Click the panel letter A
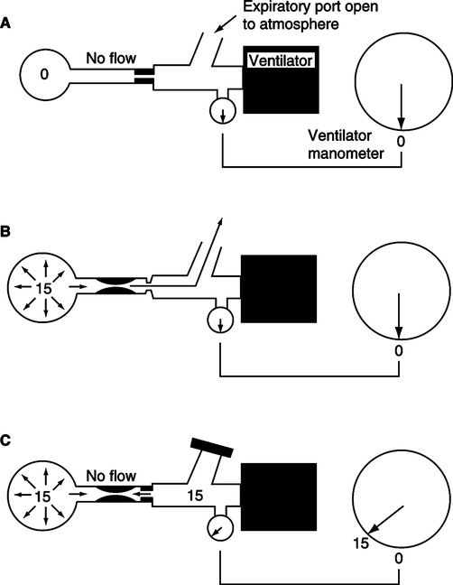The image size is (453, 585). tap(5, 23)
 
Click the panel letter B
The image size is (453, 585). tap(5, 232)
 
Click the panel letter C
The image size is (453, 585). tap(5, 441)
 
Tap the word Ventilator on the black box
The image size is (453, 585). tap(281, 60)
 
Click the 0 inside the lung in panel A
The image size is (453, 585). tap(44, 75)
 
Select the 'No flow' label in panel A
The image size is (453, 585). tap(111, 58)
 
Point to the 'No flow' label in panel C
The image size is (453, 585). tap(111, 476)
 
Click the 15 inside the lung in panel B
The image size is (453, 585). tap(43, 288)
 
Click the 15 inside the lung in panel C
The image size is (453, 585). tap(43, 497)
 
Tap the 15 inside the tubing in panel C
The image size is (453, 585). tap(195, 496)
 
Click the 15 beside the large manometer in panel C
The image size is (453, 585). tap(361, 543)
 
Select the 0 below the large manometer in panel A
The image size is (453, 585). tap(401, 142)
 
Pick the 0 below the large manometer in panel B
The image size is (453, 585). tap(399, 351)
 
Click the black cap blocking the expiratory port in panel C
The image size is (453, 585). tap(212, 447)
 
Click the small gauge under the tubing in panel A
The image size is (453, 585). tap(223, 110)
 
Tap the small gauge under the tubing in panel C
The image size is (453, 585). tap(220, 528)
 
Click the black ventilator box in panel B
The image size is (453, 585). tap(279, 289)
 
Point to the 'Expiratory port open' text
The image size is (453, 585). tap(310, 6)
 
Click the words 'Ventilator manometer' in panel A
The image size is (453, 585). tap(346, 144)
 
